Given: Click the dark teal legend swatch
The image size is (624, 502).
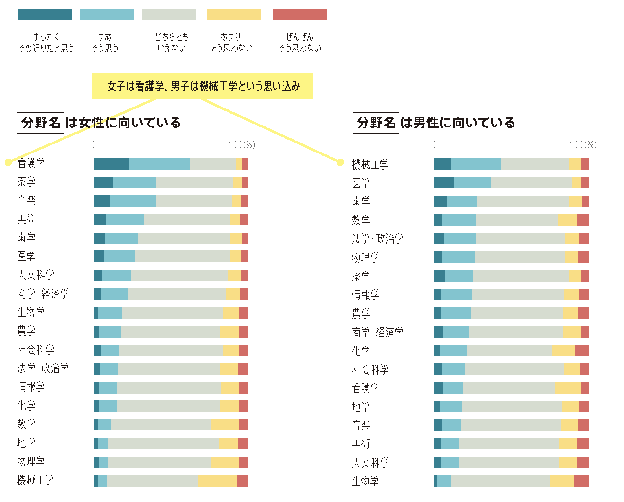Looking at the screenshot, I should point(44,14).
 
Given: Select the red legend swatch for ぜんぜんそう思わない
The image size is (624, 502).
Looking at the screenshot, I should point(299,14).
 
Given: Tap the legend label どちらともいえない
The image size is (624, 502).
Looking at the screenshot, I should point(172,42).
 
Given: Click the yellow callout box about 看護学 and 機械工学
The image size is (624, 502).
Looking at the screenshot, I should point(203,86).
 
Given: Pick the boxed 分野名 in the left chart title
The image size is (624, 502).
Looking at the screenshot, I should point(40,123).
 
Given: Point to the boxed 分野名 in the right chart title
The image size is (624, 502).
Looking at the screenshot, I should point(376,123).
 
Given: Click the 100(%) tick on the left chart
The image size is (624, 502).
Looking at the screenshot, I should point(242,144).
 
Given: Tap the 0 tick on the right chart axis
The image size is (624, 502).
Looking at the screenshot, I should point(434,144).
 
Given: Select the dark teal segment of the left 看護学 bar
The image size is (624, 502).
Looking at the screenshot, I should point(112,163).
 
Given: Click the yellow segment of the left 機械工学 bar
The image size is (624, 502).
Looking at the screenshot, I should point(217,481).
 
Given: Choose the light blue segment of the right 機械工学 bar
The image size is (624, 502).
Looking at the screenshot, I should point(476,164).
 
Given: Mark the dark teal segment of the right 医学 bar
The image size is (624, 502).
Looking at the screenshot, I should point(444,182).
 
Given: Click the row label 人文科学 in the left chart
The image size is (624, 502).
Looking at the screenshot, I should point(36,275).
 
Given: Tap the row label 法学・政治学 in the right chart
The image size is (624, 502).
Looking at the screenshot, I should point(377,239).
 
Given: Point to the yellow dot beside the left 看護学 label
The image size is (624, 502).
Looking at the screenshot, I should point(8,162).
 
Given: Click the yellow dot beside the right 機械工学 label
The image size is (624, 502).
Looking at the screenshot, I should point(340,162).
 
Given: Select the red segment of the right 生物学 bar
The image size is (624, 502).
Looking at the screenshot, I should point(581,481).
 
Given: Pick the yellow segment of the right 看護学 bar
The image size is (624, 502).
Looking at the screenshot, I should point(567,387).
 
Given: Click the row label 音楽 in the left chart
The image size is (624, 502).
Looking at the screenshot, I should point(27,200).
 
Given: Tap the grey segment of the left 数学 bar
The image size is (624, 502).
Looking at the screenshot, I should point(161,424).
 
